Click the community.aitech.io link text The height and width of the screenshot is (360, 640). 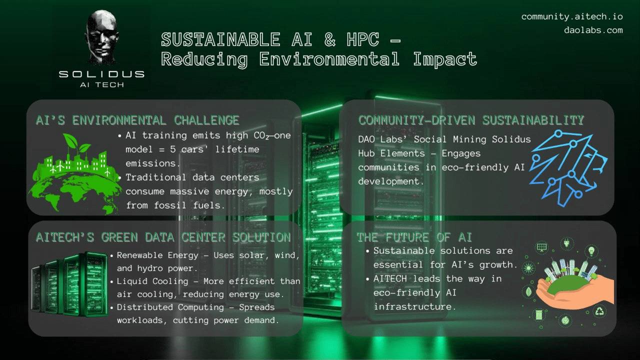click(572, 17)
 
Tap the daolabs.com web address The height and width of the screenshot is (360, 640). click(593, 30)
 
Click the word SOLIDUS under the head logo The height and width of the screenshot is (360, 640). click(101, 74)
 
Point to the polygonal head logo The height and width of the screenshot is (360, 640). click(101, 36)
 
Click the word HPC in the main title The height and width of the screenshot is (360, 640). click(363, 39)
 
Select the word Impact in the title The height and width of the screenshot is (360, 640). click(445, 59)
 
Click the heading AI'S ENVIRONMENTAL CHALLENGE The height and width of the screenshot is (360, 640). click(137, 120)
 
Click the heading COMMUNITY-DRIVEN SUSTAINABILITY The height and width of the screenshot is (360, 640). click(471, 120)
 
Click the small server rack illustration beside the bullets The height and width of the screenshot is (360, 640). click(69, 284)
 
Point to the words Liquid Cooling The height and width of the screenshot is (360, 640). click(152, 281)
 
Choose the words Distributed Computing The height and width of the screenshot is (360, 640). click(170, 307)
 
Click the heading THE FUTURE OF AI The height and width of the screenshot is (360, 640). click(414, 237)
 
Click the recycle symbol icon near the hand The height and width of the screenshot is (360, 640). click(599, 311)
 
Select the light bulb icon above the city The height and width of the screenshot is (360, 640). click(591, 251)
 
